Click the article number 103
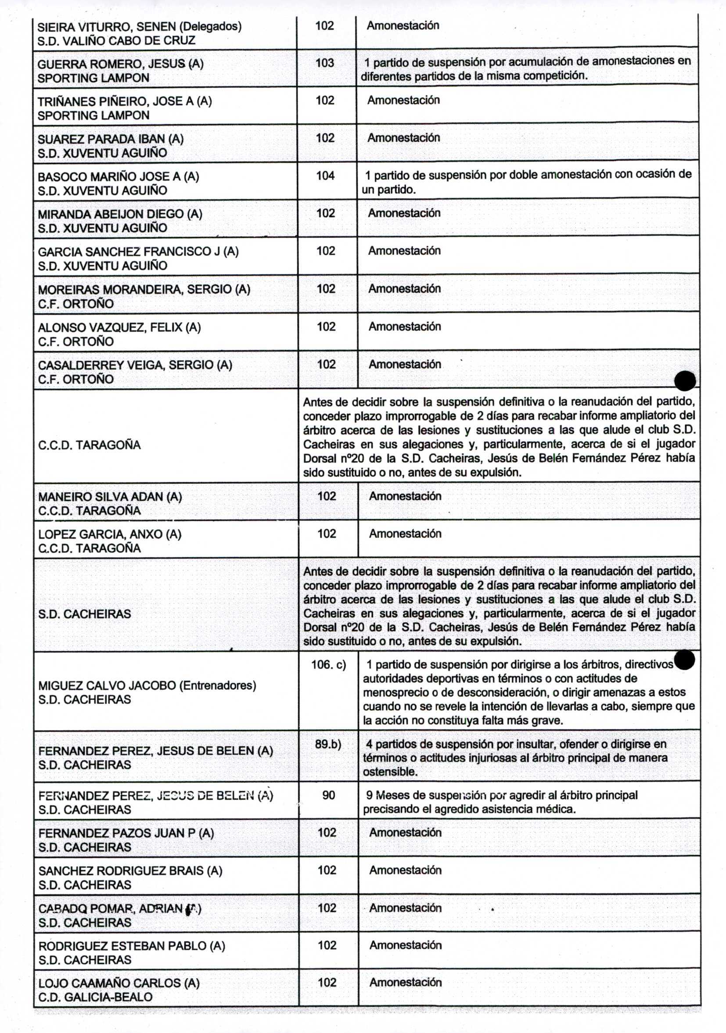coord(324,63)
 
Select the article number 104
coord(325,176)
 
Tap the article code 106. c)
coord(329,664)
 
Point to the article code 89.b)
coord(328,744)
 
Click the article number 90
coord(329,795)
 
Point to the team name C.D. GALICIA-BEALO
coord(95,997)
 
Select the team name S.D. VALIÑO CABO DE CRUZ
coord(116,40)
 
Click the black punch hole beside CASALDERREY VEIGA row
coord(685,380)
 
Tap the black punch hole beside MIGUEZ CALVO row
coord(685,660)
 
